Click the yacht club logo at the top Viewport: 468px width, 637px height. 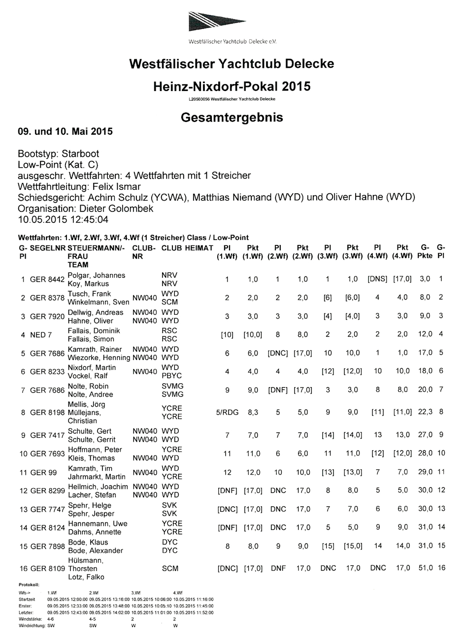coord(233,22)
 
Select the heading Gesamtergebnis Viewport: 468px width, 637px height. coord(232,118)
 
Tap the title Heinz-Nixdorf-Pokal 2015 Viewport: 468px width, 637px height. coord(232,87)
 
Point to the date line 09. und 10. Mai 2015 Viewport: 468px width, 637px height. coord(65,131)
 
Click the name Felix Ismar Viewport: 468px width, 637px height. coord(117,186)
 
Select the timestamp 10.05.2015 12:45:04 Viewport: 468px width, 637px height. coord(63,219)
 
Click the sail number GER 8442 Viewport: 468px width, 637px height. coord(47,279)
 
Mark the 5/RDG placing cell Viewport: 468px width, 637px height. coord(227,412)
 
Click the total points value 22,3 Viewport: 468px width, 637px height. coord(425,412)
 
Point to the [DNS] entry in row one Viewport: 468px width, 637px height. coord(377,279)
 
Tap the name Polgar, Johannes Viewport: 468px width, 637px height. coord(97,275)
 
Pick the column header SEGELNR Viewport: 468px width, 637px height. coord(48,248)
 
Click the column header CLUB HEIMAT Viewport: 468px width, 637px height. coord(187,248)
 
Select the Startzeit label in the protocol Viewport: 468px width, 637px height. coord(27,600)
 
